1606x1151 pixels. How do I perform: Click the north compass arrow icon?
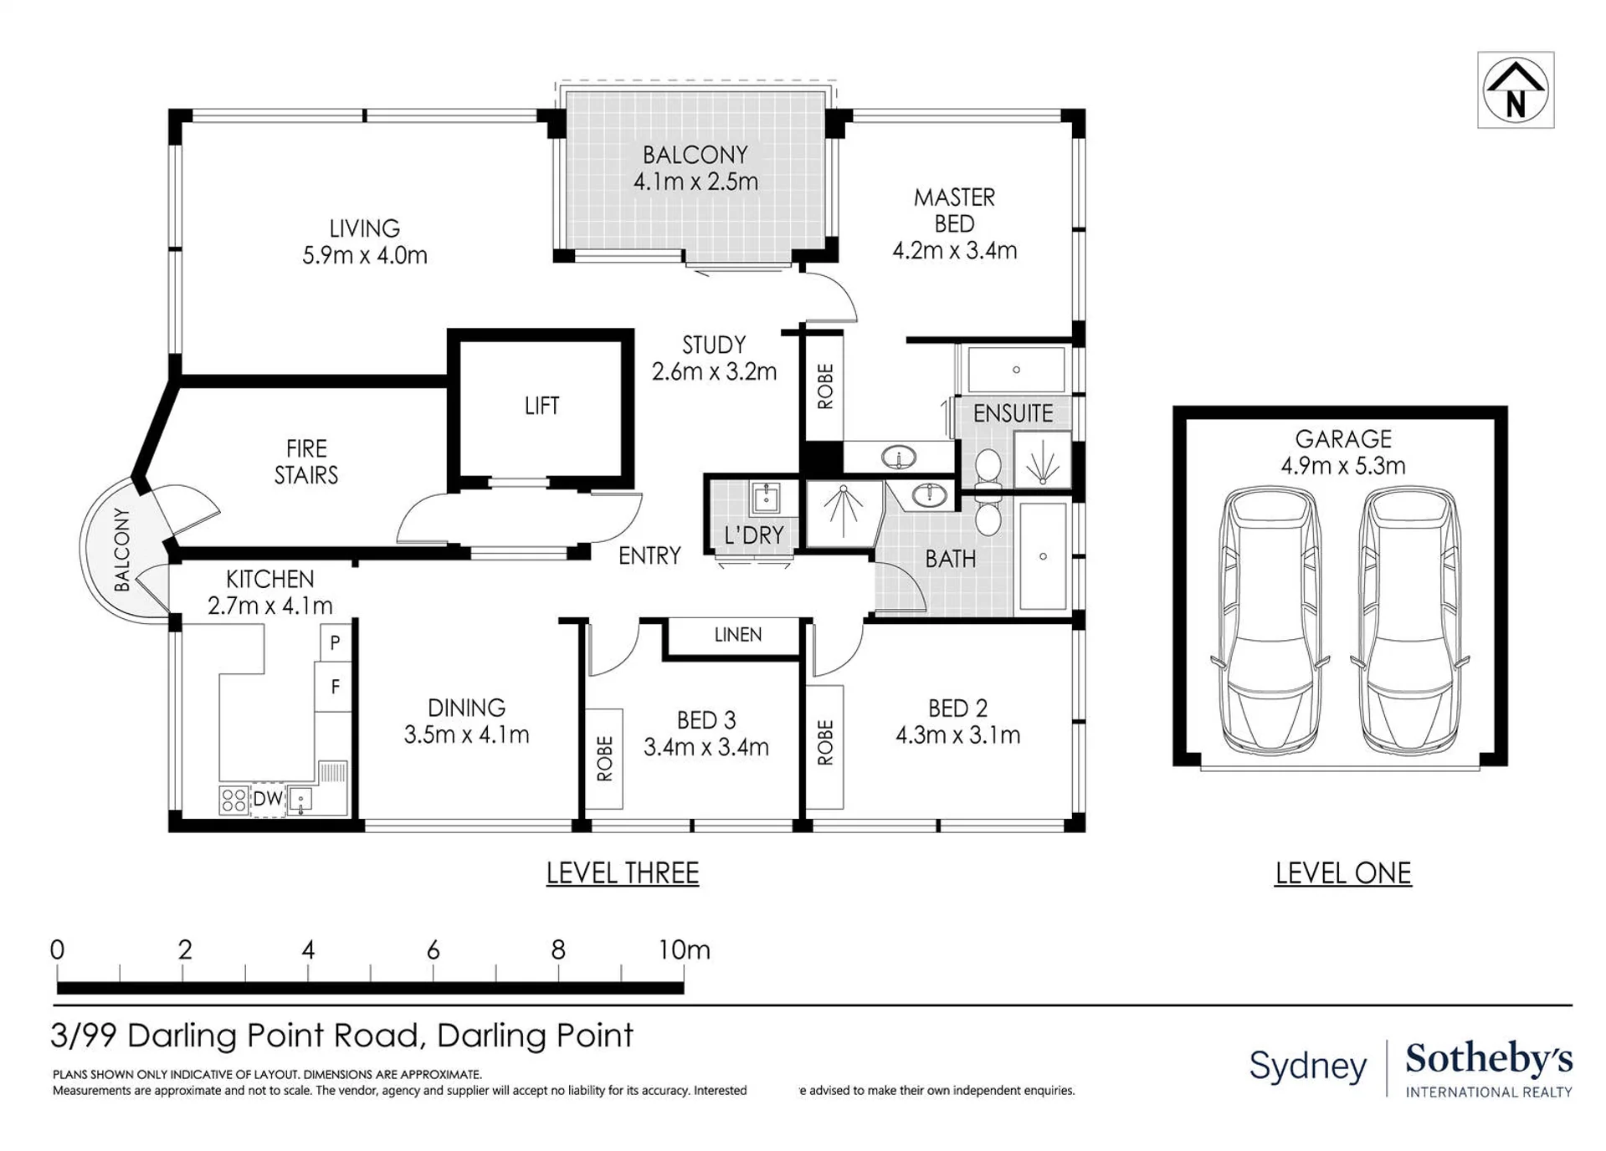1515,90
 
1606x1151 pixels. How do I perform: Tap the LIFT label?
541,407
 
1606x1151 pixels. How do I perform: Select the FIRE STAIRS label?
306,462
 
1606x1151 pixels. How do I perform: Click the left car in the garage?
1270,622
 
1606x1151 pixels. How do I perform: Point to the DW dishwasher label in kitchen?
268,799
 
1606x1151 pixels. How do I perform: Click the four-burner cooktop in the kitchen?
233,801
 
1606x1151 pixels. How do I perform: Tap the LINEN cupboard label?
738,635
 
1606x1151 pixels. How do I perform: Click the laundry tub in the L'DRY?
765,499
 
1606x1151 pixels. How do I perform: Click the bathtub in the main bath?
1043,556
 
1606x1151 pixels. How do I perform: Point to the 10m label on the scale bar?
684,949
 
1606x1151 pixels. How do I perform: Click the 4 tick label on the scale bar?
308,949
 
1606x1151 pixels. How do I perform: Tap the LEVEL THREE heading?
623,873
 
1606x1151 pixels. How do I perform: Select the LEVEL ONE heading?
1343,873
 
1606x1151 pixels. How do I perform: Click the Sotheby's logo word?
1489,1059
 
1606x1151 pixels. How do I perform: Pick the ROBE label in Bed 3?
604,759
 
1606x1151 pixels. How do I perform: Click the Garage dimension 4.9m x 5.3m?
1343,466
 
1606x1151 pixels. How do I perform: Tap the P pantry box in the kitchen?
335,642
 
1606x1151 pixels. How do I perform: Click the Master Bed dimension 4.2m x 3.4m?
955,251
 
